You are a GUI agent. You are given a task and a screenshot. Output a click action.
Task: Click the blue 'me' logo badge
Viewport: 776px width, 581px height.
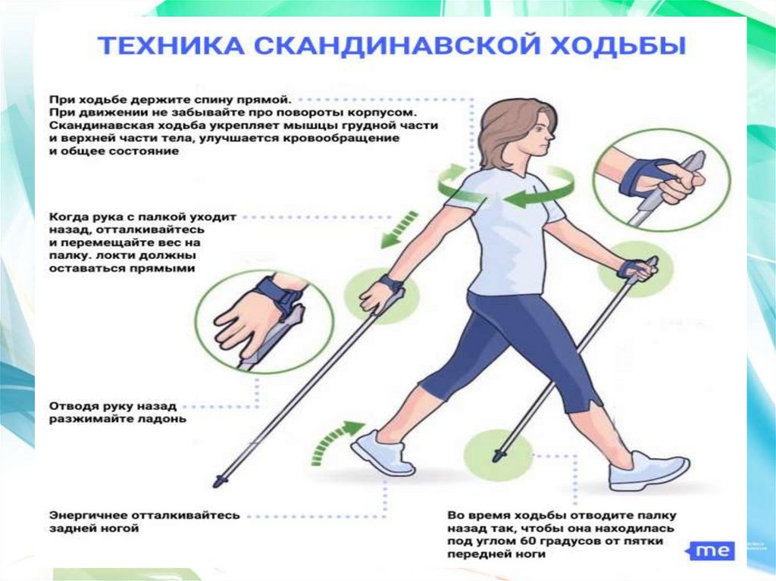[711, 551]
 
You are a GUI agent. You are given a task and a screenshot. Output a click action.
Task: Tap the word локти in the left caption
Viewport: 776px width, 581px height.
[108, 256]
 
